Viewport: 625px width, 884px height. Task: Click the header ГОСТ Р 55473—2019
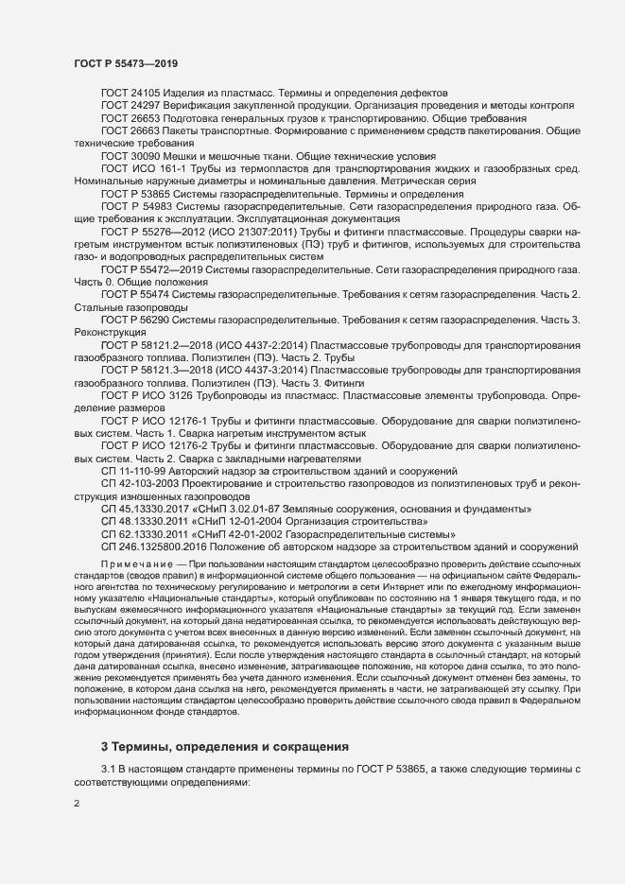[127, 62]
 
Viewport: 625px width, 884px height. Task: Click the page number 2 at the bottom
[77, 804]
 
